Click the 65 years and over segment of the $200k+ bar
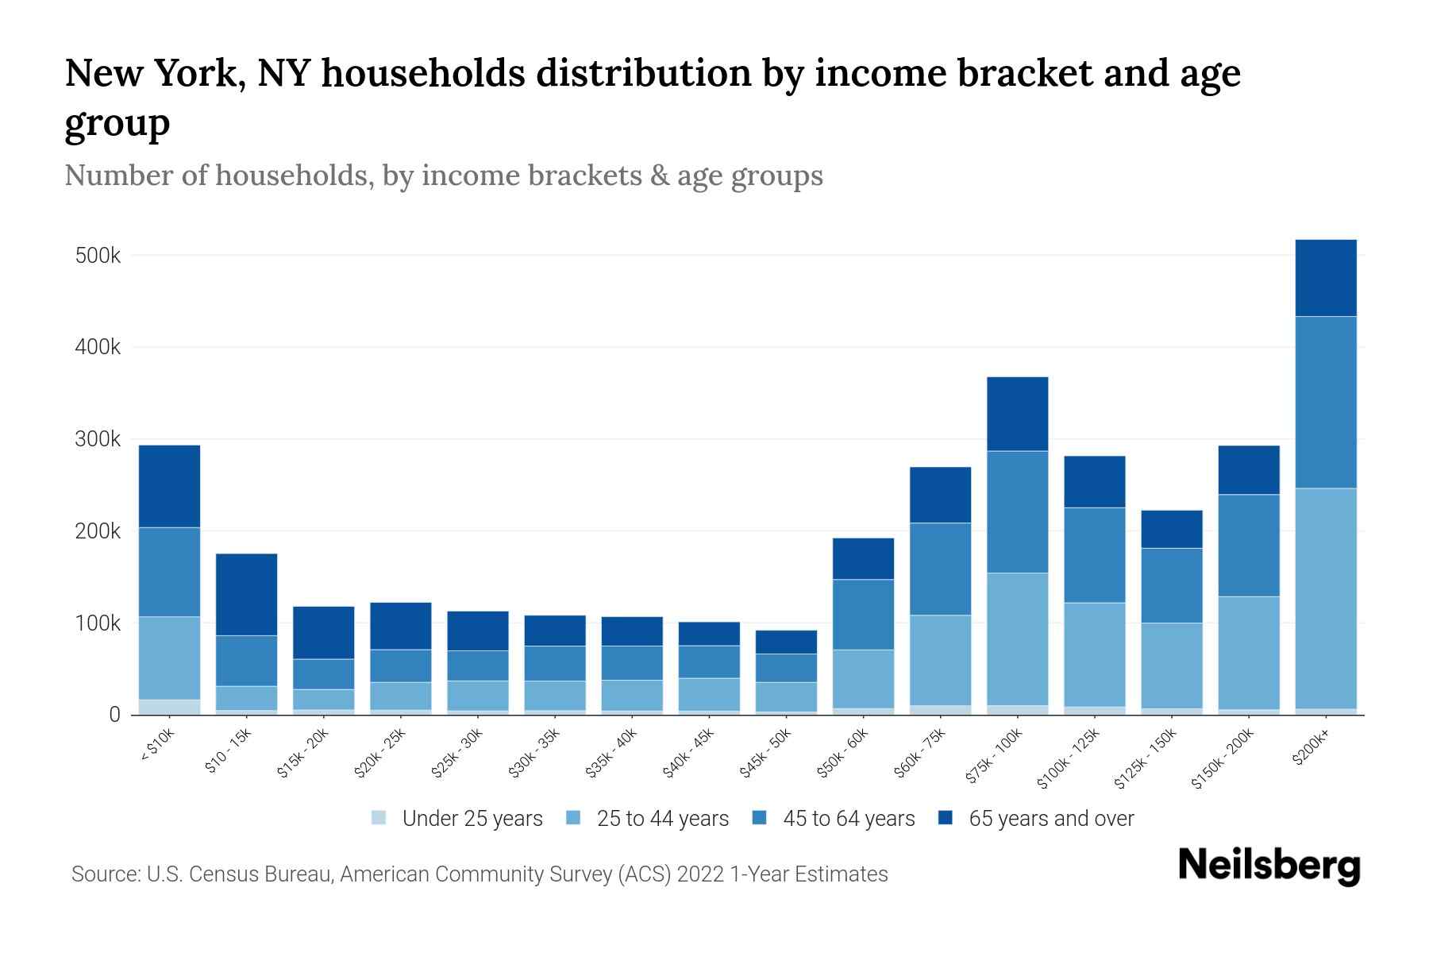[1325, 278]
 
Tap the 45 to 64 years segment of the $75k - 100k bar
[1017, 511]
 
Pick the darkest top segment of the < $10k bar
[169, 486]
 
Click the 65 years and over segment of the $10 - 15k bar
[246, 594]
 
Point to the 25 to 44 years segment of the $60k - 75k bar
[940, 660]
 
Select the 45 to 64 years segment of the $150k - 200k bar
[1248, 545]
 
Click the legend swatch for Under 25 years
[379, 817]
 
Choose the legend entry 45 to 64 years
[849, 818]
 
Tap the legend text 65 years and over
[1051, 818]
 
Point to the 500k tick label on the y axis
[98, 256]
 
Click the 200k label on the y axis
[98, 531]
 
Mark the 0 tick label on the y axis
[114, 715]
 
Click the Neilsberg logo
[1269, 866]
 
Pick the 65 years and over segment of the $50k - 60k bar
[863, 558]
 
